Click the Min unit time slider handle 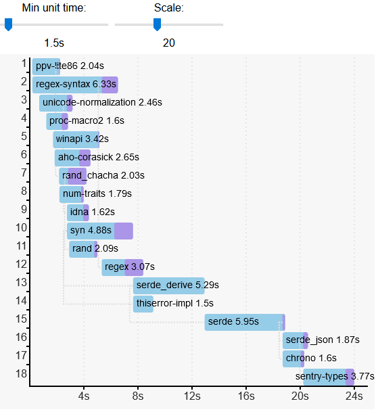tap(8, 24)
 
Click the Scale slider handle tap(157, 24)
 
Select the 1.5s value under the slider tap(54, 43)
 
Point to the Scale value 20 tap(169, 43)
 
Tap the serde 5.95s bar tap(243, 322)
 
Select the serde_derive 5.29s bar tap(169, 285)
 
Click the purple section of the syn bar tap(123, 231)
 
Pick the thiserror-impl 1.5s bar tap(143, 304)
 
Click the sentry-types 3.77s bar tap(325, 377)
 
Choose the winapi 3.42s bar tap(76, 139)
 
